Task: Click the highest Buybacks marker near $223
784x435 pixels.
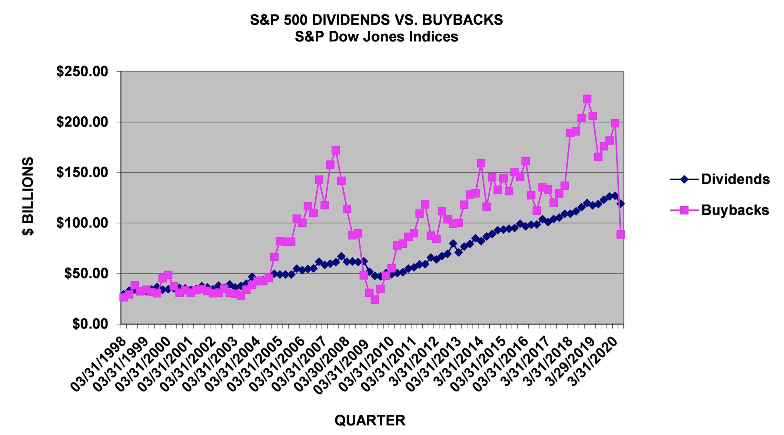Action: [587, 99]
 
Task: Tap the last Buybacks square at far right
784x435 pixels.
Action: [620, 234]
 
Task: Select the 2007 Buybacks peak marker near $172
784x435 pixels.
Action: [336, 150]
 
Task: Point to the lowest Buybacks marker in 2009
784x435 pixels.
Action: [375, 300]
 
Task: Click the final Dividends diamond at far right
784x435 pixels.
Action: [620, 203]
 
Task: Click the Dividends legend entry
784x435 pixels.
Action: [735, 179]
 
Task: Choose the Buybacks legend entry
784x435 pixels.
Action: [735, 210]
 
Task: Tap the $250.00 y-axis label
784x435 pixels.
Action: [82, 71]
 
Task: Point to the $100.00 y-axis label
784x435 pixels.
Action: [82, 223]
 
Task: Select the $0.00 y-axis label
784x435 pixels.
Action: [90, 324]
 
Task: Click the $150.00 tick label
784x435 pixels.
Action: [82, 172]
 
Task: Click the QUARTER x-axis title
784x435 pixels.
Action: [370, 421]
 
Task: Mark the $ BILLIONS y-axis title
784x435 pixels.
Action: [28, 196]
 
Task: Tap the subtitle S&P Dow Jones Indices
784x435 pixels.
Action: [376, 37]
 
